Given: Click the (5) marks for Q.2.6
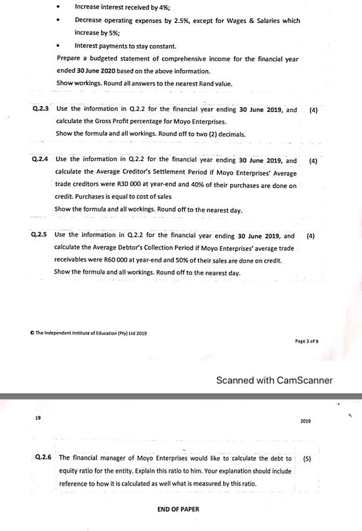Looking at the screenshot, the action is click(307, 458).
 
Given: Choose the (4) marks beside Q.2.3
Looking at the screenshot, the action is click(313, 110).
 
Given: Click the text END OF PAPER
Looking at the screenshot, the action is click(178, 509).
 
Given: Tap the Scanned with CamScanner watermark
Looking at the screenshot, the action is click(274, 380).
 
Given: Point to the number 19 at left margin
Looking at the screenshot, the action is click(38, 417).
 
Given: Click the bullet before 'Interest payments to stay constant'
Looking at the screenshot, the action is click(61, 46).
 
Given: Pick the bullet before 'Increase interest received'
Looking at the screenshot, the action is click(61, 7).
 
